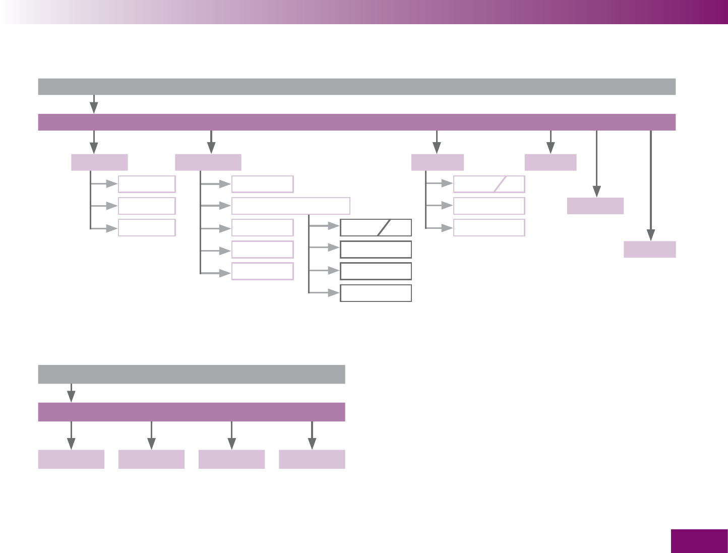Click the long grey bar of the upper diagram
pyautogui.click(x=356, y=87)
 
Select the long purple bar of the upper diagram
pyautogui.click(x=356, y=122)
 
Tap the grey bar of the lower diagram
pyautogui.click(x=192, y=375)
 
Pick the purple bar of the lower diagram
pyautogui.click(x=192, y=412)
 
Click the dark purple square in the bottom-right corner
pyautogui.click(x=699, y=541)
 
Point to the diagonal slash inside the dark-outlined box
pyautogui.click(x=384, y=228)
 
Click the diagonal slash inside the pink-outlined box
pyautogui.click(x=500, y=184)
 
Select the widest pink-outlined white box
pyautogui.click(x=291, y=206)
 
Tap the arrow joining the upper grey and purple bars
pyautogui.click(x=94, y=104)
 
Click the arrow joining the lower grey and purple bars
pyautogui.click(x=72, y=393)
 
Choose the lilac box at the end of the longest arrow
pyautogui.click(x=649, y=250)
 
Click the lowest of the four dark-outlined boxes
pyautogui.click(x=376, y=293)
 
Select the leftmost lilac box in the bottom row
pyautogui.click(x=71, y=459)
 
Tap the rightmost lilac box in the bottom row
pyautogui.click(x=312, y=459)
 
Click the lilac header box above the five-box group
pyautogui.click(x=208, y=162)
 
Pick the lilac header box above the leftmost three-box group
pyautogui.click(x=99, y=162)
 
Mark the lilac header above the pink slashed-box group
pyautogui.click(x=437, y=162)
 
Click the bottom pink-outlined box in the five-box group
pyautogui.click(x=262, y=271)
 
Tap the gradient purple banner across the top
pyautogui.click(x=364, y=12)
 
